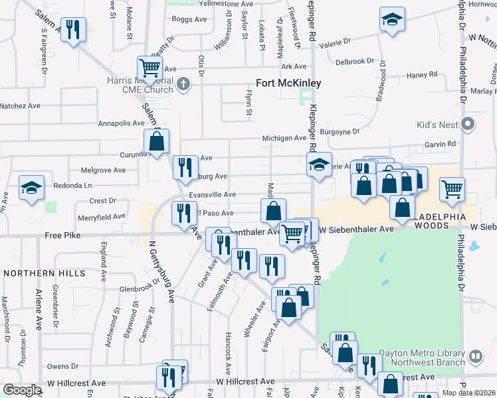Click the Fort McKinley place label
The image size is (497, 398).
coord(288,84)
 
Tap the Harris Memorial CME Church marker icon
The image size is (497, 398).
coord(185,85)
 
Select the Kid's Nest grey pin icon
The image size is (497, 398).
coord(469,124)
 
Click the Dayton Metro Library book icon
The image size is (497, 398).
coord(475,356)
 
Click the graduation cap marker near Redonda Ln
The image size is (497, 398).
coord(31,188)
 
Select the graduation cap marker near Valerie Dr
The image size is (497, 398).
coord(392,19)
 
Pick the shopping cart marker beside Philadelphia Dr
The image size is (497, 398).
coord(452,189)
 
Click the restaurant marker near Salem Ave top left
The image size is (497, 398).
coord(73,29)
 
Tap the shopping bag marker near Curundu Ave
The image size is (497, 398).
coord(157,141)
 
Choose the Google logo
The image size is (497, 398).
coord(22,390)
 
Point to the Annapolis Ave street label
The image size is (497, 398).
coord(120,123)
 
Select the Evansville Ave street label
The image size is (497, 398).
coord(212,194)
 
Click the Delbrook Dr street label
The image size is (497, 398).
coord(355,62)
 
